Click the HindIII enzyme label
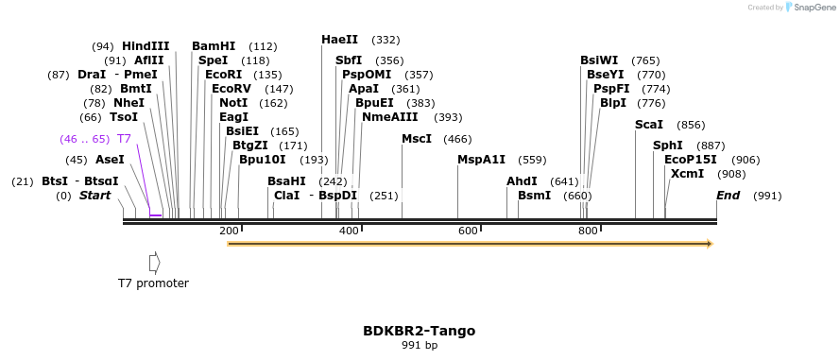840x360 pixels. coord(146,46)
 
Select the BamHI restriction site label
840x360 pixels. coord(214,46)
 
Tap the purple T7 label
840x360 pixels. coord(124,139)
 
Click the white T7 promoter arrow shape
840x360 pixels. coord(155,263)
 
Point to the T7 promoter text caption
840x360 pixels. coord(154,283)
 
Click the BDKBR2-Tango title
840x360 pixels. coord(420,331)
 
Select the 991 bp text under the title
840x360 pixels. coord(420,346)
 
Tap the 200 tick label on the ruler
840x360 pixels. coord(229,231)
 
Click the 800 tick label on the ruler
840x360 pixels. coord(589,231)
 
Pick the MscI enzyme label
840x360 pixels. coord(417,139)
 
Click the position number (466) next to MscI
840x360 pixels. coord(458,139)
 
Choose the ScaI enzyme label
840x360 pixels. coord(649,125)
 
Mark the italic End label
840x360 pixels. coord(729,196)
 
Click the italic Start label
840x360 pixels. coord(95,196)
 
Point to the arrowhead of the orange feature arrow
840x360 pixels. coord(711,245)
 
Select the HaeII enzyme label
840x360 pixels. coord(339,40)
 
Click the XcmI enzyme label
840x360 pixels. coord(687,174)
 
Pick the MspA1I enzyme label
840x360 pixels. coord(482,160)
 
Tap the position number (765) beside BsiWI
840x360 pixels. coord(646,60)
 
